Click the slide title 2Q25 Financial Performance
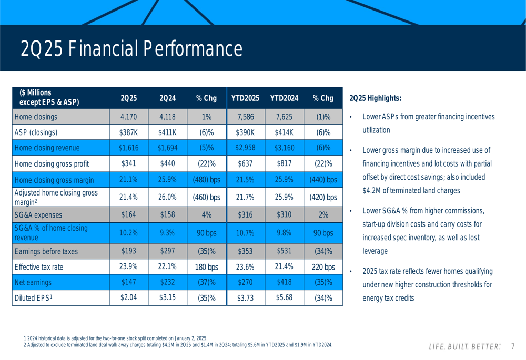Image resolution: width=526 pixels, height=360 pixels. (131, 49)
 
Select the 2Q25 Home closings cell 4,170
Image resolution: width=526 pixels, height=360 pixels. (128, 117)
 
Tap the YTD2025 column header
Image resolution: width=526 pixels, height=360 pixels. (246, 98)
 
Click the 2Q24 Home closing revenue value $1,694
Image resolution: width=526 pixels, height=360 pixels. (167, 148)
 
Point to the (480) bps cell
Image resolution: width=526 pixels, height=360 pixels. (206, 179)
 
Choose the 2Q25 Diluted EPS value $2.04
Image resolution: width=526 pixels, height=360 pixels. (128, 298)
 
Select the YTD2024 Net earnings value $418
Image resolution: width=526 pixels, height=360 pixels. (284, 282)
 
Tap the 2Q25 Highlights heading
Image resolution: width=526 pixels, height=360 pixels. (376, 98)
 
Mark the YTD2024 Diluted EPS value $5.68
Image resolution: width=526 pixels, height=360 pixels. (284, 298)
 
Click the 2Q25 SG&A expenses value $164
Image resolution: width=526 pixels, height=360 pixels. (128, 214)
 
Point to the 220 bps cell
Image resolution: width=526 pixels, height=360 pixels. (323, 267)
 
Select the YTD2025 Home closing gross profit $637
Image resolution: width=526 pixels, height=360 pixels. (246, 163)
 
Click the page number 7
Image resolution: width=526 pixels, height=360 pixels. (513, 347)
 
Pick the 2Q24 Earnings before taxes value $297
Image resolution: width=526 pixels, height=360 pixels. (167, 251)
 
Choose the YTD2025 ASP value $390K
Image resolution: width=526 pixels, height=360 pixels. (246, 132)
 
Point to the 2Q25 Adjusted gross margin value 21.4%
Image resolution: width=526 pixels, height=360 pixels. (128, 197)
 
